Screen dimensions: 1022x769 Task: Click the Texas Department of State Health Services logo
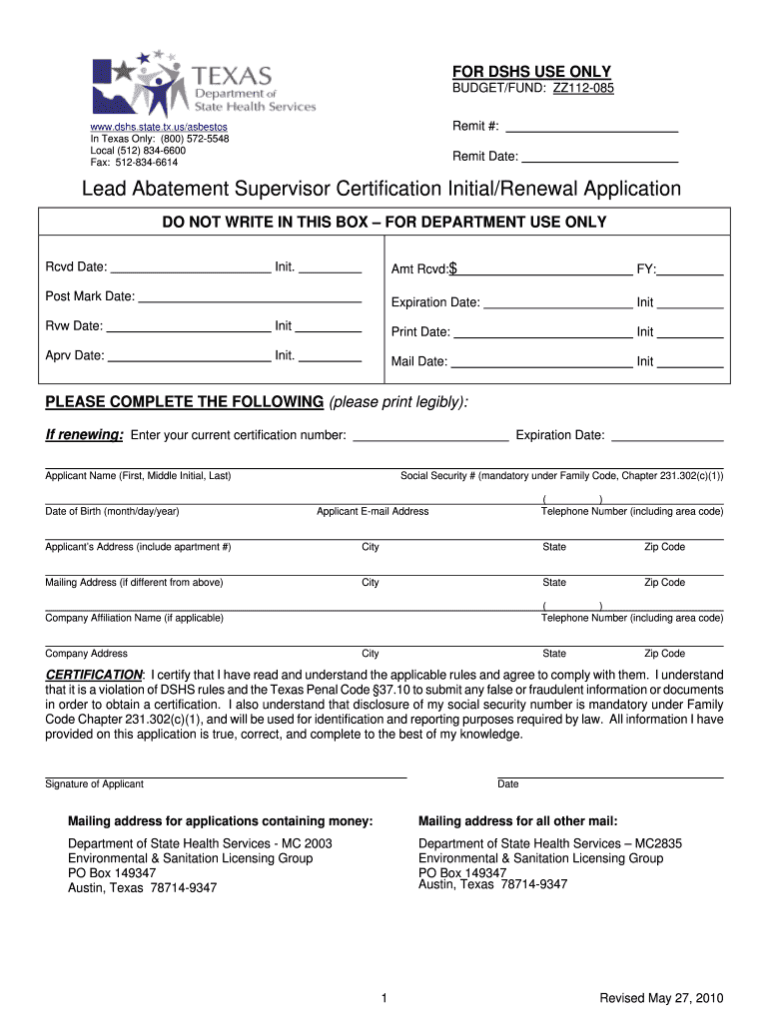point(203,86)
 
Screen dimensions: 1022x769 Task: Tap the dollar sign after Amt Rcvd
point(453,268)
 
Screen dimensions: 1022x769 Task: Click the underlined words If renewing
point(85,434)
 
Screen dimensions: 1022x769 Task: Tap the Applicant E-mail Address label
point(373,511)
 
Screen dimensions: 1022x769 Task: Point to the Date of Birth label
point(112,511)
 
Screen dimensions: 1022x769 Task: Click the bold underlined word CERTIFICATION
point(94,675)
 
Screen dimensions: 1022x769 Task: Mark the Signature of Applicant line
point(226,775)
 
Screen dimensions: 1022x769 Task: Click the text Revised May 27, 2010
point(660,998)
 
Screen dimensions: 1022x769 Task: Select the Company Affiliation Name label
point(134,618)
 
